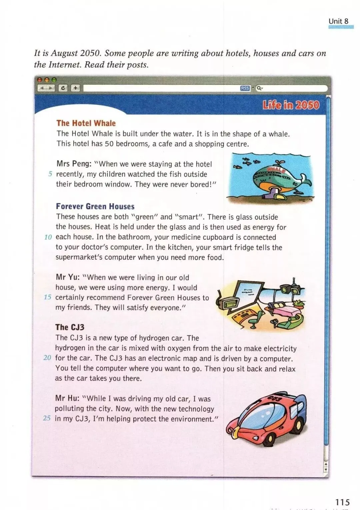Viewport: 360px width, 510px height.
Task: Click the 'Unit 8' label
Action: click(x=338, y=21)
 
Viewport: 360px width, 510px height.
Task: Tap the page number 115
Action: click(x=342, y=502)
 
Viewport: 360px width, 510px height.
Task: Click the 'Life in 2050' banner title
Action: click(x=291, y=105)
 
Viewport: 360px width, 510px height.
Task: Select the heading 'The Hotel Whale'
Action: click(x=86, y=123)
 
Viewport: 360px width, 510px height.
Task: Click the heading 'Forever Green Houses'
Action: click(x=95, y=206)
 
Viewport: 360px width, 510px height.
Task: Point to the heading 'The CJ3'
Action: click(x=70, y=327)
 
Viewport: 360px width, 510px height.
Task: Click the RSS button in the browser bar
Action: click(x=245, y=88)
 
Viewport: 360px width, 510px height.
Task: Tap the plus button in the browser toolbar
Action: click(x=76, y=88)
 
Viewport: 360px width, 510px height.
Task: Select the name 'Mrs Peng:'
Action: click(x=74, y=164)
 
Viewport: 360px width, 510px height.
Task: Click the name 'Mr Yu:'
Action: click(x=67, y=277)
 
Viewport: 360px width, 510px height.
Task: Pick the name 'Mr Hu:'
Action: click(x=67, y=398)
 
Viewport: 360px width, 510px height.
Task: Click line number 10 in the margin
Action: click(x=48, y=237)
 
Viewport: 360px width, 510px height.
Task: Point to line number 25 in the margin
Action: click(x=47, y=418)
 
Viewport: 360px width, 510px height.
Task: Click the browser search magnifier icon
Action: click(x=259, y=88)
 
